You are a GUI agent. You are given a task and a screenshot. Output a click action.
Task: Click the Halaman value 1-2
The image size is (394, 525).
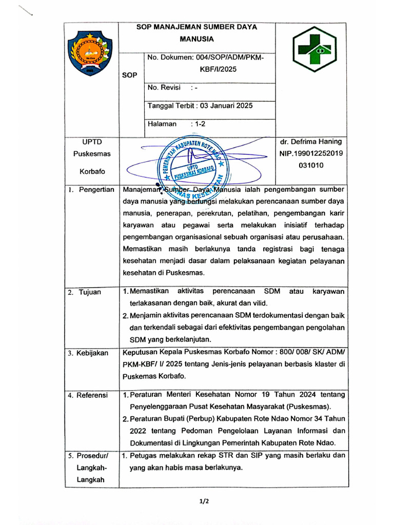click(x=198, y=124)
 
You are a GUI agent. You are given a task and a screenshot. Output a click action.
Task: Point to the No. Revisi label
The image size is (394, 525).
click(x=164, y=88)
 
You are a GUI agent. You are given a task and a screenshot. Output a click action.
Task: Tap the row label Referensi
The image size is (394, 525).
click(x=92, y=395)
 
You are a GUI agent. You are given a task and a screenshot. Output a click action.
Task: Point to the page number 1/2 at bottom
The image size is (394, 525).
click(x=204, y=501)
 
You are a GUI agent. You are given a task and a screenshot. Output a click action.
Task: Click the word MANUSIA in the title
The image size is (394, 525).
click(x=196, y=38)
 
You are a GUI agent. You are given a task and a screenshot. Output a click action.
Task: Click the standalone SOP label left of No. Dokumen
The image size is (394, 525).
click(x=130, y=75)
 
